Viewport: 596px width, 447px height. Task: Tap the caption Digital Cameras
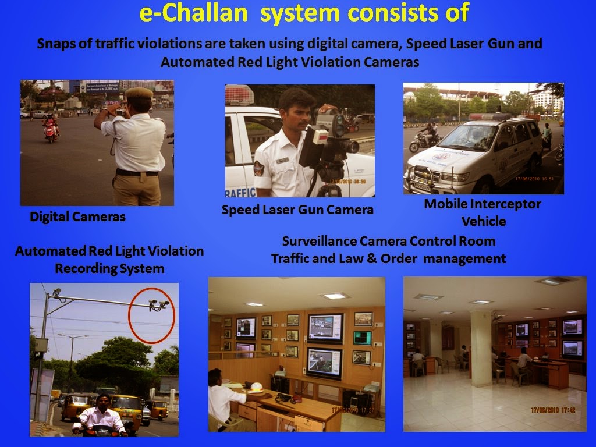[77, 217]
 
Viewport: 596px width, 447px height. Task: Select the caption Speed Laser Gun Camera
[297, 210]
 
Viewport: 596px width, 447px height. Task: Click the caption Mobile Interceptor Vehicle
[483, 212]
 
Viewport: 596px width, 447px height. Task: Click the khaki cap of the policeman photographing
[139, 93]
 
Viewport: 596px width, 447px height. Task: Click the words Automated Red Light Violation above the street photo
[109, 251]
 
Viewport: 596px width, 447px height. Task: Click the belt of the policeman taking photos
[137, 172]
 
